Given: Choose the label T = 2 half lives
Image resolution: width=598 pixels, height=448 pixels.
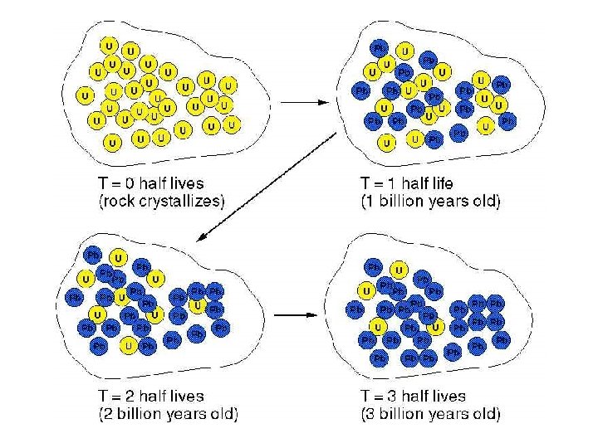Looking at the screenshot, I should (x=150, y=396).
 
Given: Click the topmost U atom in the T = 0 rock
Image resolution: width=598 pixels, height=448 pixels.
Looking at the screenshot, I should (x=110, y=45).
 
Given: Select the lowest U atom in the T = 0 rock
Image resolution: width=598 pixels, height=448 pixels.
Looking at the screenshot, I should (x=112, y=143).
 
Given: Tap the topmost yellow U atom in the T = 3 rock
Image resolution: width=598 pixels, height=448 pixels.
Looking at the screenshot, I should (x=399, y=270).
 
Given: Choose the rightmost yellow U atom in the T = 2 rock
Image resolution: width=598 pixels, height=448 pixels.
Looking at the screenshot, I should (x=197, y=306).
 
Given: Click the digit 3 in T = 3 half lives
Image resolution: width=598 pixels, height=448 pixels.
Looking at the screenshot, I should (x=390, y=396).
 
